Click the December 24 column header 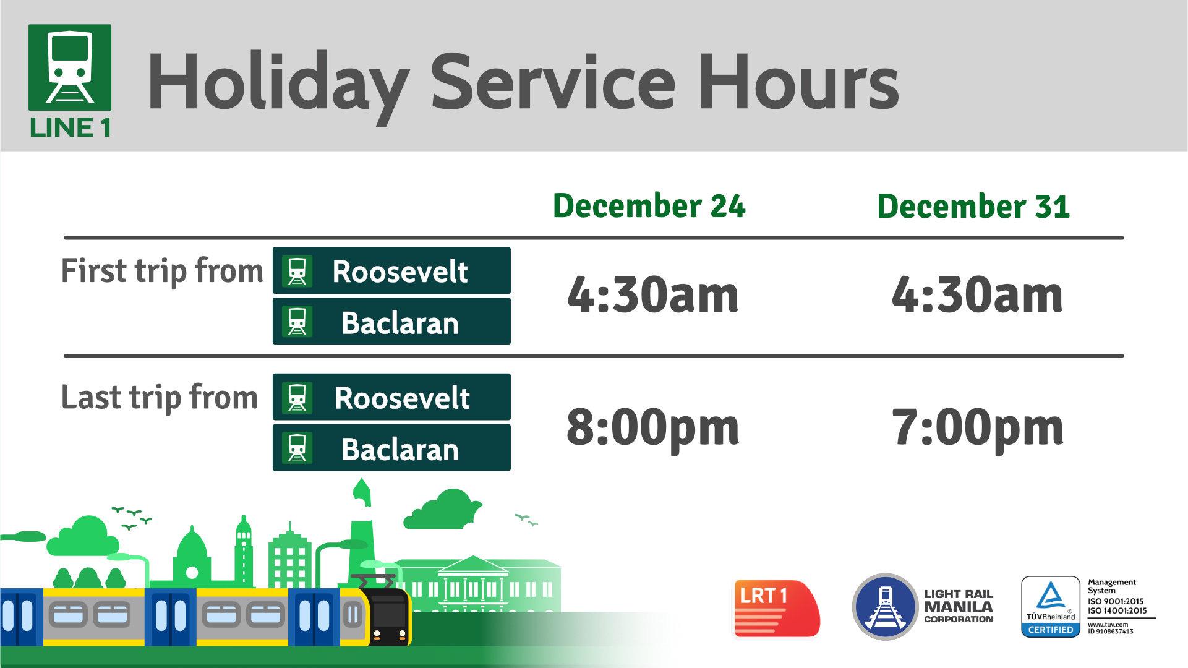649,206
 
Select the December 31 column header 973,206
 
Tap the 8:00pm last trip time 652,427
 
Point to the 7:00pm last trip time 977,427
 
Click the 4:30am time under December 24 652,295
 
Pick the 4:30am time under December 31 977,295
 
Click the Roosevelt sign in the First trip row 391,271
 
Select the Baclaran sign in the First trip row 391,322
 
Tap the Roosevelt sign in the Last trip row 391,397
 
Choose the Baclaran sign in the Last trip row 391,448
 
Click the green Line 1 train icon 70,68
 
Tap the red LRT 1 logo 776,608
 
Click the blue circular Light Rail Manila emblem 885,606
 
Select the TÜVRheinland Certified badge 1050,607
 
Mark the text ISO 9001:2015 1116,601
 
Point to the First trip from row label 162,271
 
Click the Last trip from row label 159,397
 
